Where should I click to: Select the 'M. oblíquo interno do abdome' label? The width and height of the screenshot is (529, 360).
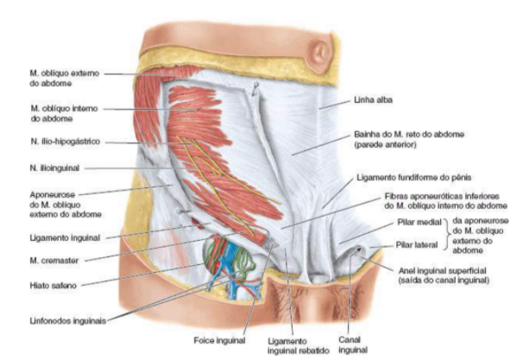(x=64, y=113)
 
